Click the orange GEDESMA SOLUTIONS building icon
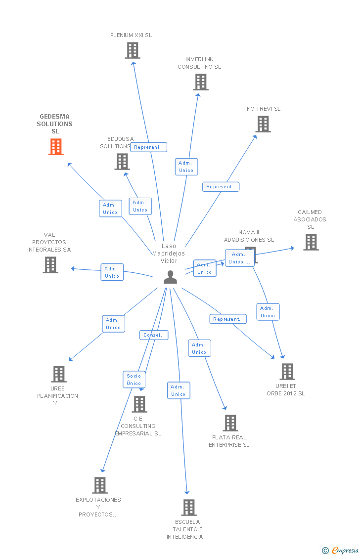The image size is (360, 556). click(56, 147)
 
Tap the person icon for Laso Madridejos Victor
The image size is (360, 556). click(170, 277)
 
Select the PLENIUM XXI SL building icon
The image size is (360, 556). click(132, 50)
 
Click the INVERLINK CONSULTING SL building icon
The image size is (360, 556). click(200, 82)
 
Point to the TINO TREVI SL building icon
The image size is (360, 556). click(263, 124)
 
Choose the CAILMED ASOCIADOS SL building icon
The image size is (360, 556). click(311, 242)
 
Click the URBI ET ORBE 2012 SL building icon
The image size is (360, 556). click(287, 372)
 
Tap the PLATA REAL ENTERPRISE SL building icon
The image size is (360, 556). click(230, 423)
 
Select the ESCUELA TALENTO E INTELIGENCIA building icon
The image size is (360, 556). click(188, 508)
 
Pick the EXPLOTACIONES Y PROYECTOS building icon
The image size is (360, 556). click(100, 485)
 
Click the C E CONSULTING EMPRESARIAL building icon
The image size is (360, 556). click(139, 404)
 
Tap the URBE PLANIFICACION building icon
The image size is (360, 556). click(58, 374)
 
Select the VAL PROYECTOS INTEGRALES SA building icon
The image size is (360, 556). click(50, 265)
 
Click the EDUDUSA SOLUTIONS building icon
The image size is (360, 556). click(122, 162)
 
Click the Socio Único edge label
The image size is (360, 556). click(134, 380)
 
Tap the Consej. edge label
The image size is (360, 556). click(153, 335)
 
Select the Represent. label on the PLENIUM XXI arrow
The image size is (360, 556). click(148, 147)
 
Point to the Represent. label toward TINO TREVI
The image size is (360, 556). click(221, 187)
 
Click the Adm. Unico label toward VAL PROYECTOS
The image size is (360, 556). click(112, 272)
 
